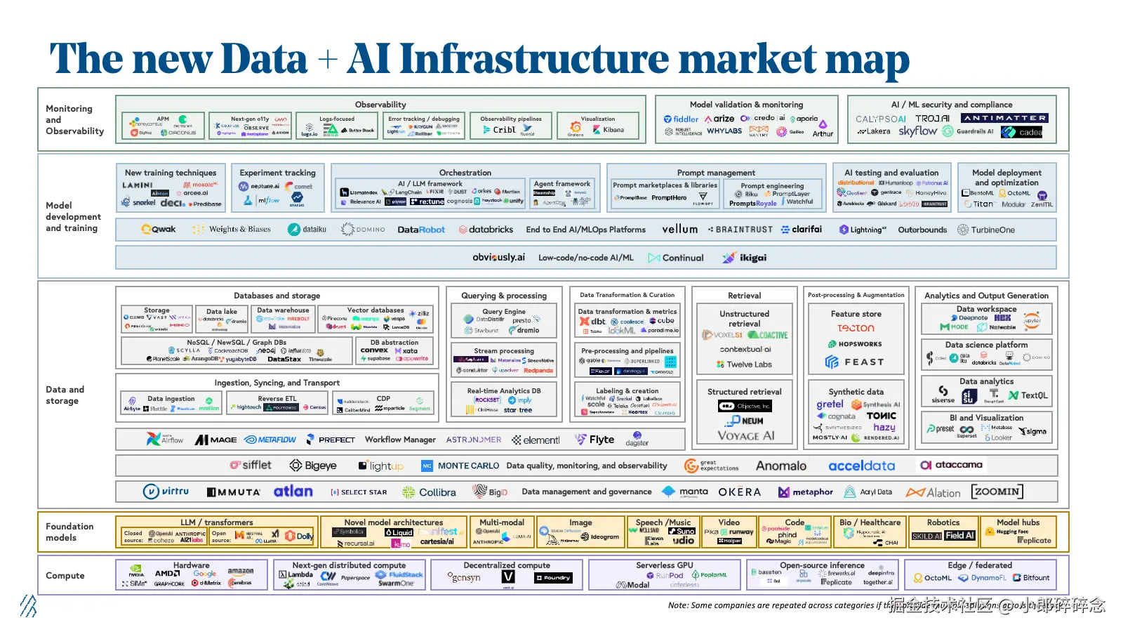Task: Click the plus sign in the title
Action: click(327, 60)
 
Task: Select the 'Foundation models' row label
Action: click(69, 532)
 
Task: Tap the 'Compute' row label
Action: click(65, 576)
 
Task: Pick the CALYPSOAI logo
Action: click(881, 119)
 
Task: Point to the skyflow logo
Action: click(917, 131)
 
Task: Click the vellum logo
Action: click(679, 230)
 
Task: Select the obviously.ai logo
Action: click(498, 258)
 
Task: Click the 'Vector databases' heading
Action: click(376, 310)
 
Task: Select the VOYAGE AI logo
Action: click(745, 436)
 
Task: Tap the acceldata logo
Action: click(861, 466)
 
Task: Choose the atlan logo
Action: click(293, 492)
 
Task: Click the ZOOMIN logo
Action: click(997, 492)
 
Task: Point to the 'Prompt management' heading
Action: click(716, 173)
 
